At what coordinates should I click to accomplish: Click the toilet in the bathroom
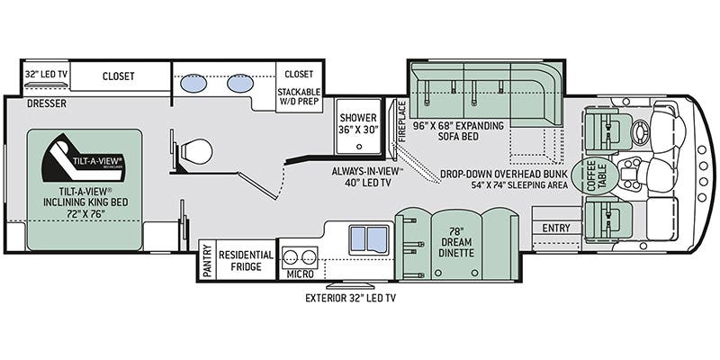pos(193,152)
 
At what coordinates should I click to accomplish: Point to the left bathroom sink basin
pos(193,84)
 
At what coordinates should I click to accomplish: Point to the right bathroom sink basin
pos(238,84)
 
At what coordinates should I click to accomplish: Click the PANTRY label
pos(206,261)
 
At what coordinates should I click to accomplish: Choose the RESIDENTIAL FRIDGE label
pos(246,261)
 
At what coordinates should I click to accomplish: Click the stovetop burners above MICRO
pos(299,254)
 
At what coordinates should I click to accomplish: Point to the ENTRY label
pos(555,229)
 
